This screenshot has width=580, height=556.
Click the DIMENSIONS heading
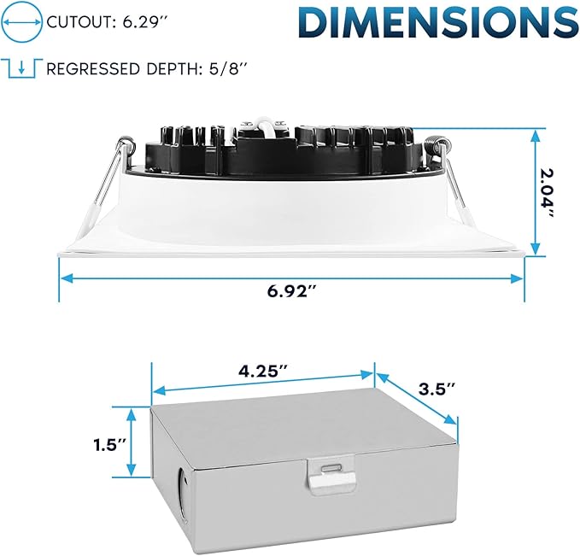pos(439,22)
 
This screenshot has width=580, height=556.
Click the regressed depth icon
pos(22,68)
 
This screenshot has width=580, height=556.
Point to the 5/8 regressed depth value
pos(224,69)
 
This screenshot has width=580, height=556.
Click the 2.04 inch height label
pos(548,192)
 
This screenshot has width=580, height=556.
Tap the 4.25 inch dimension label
pos(261,371)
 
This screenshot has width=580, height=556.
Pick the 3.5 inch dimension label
pos(436,389)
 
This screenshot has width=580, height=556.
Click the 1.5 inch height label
pos(110,445)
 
